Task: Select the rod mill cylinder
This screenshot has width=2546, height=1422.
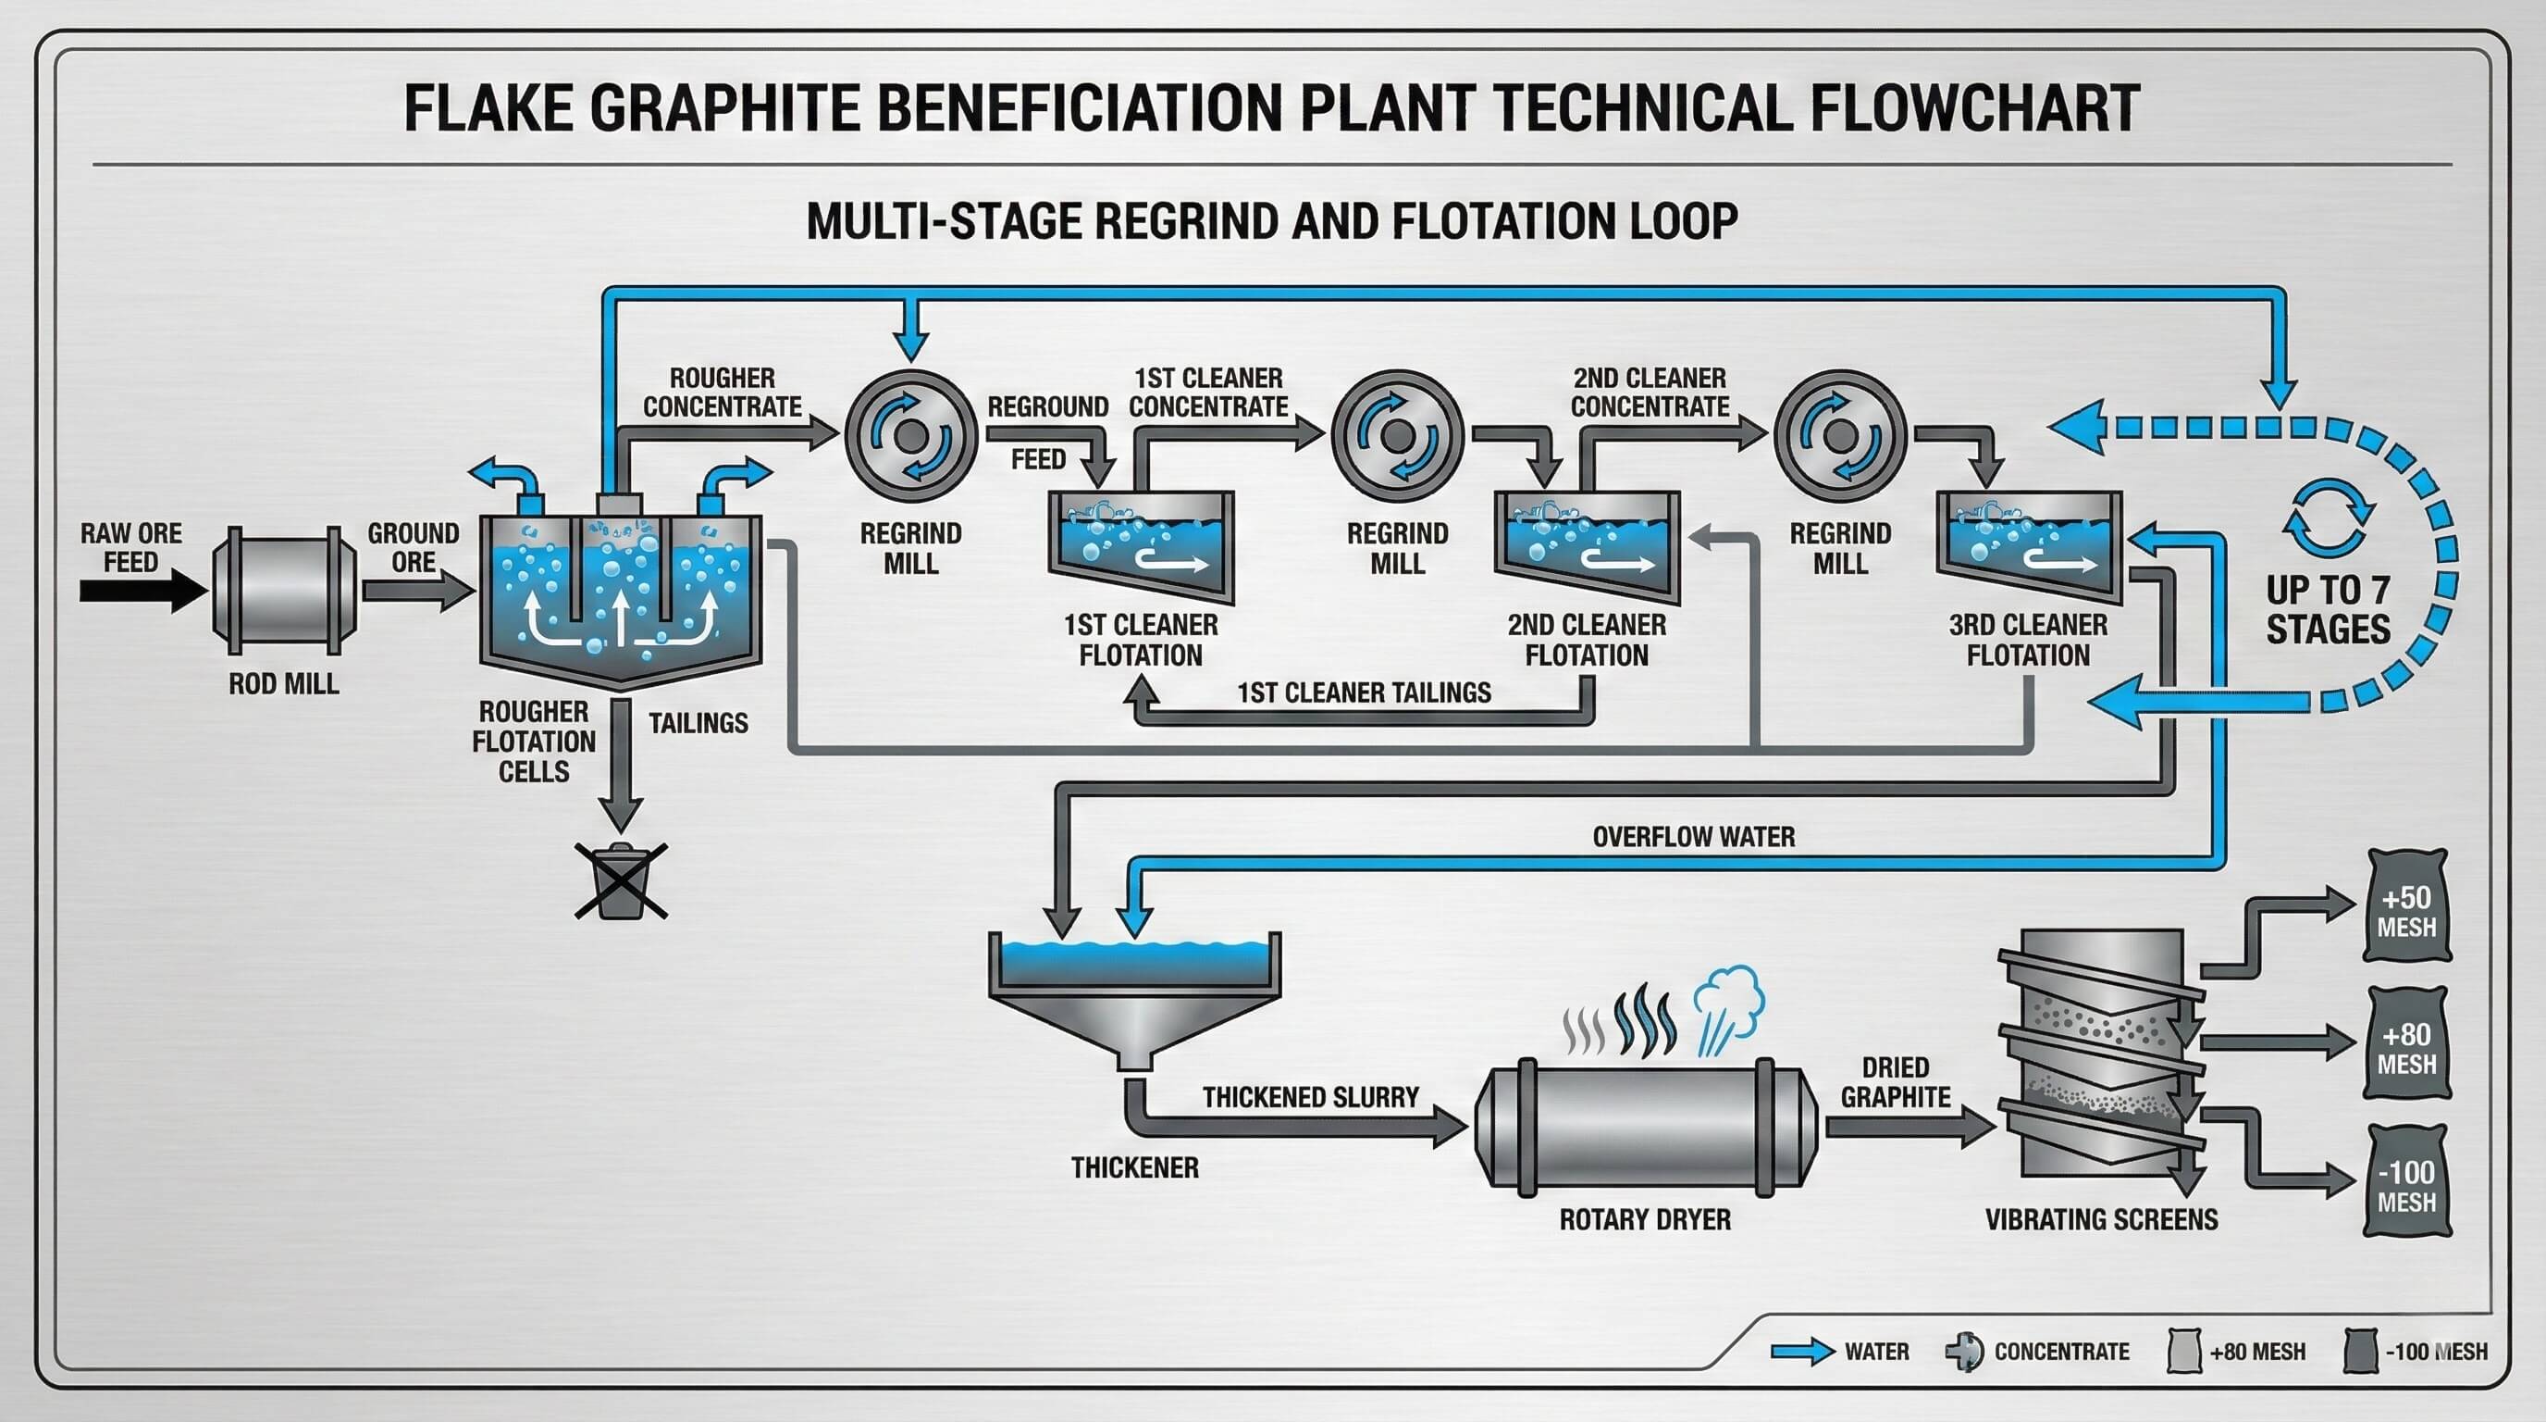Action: [285, 591]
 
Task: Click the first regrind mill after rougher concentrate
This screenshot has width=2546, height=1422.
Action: [910, 436]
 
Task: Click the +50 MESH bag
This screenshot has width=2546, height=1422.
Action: [2405, 905]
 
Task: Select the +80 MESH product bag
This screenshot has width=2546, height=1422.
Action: [2405, 1044]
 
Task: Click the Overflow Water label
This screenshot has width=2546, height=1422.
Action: [1693, 837]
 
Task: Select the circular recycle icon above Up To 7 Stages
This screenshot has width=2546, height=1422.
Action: [2329, 518]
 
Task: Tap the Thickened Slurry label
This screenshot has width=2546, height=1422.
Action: [1310, 1097]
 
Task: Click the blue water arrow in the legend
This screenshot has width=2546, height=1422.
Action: [1800, 1352]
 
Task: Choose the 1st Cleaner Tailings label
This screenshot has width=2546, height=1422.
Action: [1364, 692]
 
